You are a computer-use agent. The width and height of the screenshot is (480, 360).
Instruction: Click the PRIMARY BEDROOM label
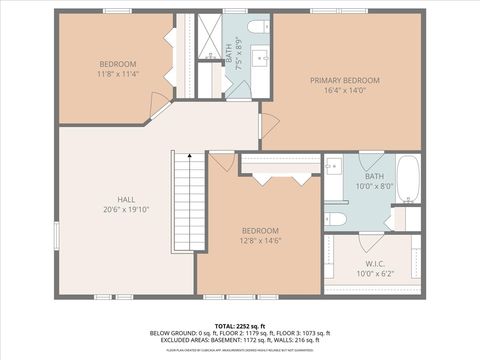coord(344,80)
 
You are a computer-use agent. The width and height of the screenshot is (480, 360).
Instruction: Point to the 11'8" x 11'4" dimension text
coord(118,74)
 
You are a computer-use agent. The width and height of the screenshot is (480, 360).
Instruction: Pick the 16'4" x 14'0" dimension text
coord(344,90)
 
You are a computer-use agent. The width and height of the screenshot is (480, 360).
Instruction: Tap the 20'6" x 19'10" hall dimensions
coord(125,209)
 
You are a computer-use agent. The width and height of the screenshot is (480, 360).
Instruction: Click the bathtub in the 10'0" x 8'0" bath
coord(408,178)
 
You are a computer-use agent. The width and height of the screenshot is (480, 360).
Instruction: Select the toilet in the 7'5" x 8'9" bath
coord(258,26)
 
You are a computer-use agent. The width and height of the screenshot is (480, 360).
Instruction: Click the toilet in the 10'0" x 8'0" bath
coord(336,218)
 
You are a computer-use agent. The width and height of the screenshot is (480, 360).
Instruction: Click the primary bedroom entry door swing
coord(268,125)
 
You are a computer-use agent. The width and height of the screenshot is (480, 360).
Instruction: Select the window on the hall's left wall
coord(56,235)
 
